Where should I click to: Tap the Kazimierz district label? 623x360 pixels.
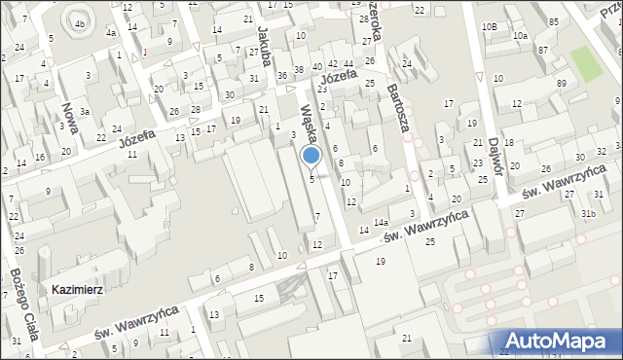point(80,290)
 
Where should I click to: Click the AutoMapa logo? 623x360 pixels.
point(559,341)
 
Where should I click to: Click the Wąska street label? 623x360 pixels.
point(311,125)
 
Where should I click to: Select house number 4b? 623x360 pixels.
point(80,23)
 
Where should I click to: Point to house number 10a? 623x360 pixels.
point(521,36)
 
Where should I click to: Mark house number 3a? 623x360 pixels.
point(86,112)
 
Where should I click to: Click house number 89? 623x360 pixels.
point(562,84)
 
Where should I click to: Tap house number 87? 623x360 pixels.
point(542,49)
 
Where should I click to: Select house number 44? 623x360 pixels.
point(348,63)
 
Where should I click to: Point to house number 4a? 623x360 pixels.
point(112,33)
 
